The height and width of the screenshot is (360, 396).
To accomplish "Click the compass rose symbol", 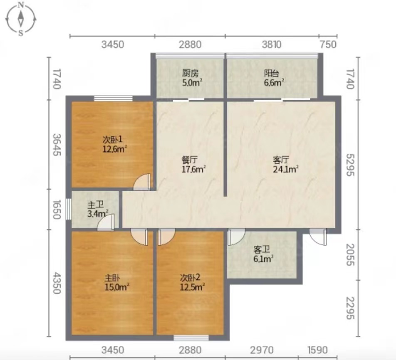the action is click(x=21, y=18).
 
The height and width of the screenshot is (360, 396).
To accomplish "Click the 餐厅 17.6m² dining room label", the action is click(x=193, y=164).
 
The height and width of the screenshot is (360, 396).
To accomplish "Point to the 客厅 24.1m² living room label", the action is click(x=286, y=164).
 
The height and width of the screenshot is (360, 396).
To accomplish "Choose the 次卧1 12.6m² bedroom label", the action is click(x=114, y=144).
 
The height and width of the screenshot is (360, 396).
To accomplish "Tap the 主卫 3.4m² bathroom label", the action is click(x=97, y=209).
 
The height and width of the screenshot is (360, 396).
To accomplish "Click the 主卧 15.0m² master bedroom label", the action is click(x=117, y=283).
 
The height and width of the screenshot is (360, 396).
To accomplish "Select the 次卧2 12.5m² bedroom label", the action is click(x=192, y=282).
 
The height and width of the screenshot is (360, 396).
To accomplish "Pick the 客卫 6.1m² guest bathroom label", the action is click(x=263, y=254).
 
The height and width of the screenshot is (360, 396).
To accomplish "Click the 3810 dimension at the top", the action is click(x=272, y=44).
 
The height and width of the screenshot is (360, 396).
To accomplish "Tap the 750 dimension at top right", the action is click(x=329, y=44).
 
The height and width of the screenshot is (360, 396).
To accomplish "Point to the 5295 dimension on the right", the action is click(x=350, y=165).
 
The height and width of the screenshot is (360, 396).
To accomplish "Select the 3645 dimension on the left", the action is click(x=57, y=145).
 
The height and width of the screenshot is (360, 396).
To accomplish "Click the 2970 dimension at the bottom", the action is click(x=262, y=350).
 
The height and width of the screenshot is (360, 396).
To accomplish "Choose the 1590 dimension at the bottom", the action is click(x=317, y=350).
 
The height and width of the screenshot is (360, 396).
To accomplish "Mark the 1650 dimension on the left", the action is click(x=57, y=210).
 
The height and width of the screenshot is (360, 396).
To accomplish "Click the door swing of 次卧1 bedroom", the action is click(x=142, y=182).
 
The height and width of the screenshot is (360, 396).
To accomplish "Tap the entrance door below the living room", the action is click(x=318, y=237).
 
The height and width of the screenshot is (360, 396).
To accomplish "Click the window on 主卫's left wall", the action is click(x=69, y=209).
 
